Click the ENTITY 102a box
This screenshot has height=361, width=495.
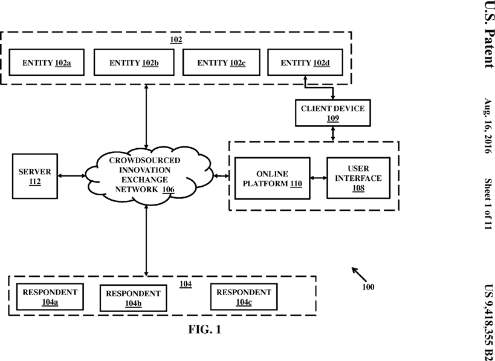47,62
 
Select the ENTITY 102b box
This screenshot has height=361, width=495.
134,62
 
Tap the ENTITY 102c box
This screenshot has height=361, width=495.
221,62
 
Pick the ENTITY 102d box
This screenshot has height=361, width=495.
305,62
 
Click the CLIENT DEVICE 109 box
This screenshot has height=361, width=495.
333,113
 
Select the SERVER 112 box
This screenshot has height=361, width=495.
35,176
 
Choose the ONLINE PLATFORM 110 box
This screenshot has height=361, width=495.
273,178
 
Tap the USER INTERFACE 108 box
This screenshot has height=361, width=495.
358,178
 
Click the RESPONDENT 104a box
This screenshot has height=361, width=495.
50,296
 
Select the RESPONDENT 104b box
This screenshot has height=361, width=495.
133,298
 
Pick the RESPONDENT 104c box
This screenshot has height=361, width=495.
244,296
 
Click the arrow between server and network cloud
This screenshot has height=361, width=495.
72,175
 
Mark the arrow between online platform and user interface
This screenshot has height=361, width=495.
319,178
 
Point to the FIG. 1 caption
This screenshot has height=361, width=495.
204,330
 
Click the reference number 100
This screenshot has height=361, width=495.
368,287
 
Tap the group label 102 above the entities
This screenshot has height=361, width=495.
176,39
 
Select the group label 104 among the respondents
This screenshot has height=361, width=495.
186,284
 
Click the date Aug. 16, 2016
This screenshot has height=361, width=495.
488,126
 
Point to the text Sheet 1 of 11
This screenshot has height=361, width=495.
488,204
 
